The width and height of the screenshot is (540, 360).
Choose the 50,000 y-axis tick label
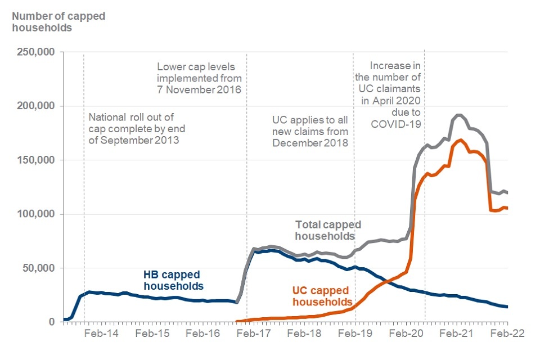[x=39, y=268]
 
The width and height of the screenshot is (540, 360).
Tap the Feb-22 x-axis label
[x=508, y=333]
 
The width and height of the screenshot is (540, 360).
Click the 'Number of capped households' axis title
[x=58, y=21]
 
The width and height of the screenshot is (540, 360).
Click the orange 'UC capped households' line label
[x=321, y=297]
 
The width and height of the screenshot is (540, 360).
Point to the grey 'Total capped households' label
[x=328, y=230]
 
